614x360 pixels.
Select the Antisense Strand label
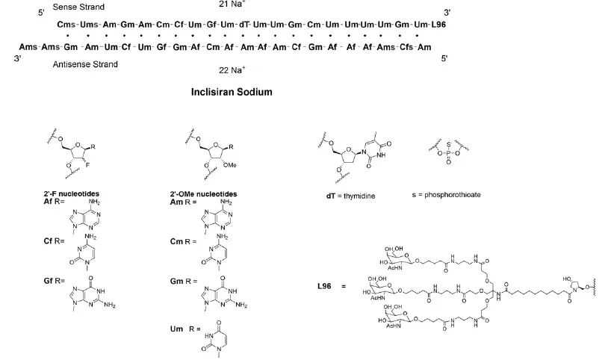pos(85,65)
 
